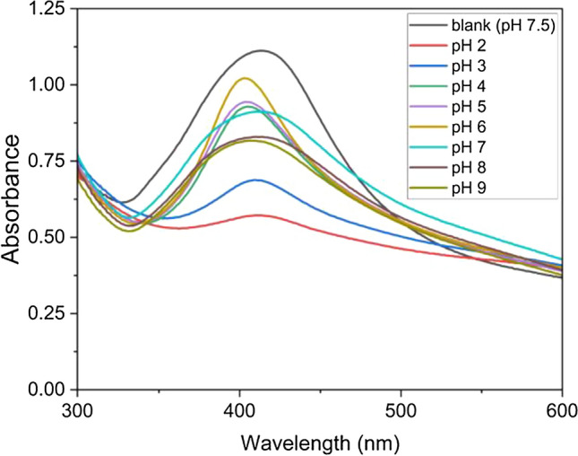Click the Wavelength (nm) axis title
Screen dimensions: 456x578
coord(320,442)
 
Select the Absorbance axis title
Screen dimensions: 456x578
coord(13,199)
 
